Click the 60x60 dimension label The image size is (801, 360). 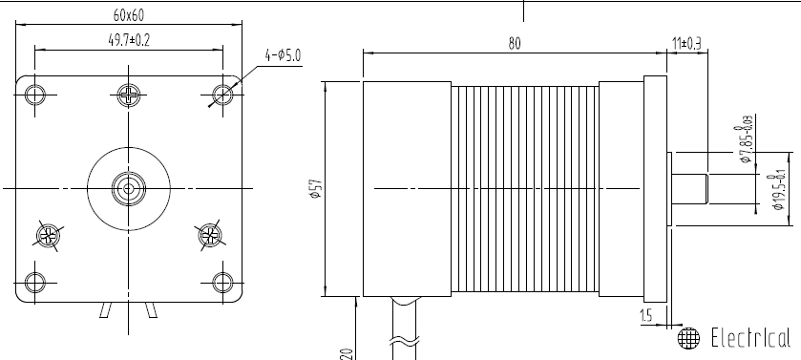point(129,15)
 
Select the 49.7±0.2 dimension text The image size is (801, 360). point(129,40)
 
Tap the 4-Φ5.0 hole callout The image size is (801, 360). point(283,55)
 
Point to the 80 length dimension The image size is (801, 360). point(515,44)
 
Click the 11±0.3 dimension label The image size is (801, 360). point(686,43)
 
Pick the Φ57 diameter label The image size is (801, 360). point(317,188)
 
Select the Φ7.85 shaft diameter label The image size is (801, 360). point(746,138)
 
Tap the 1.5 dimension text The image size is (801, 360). point(646,316)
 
